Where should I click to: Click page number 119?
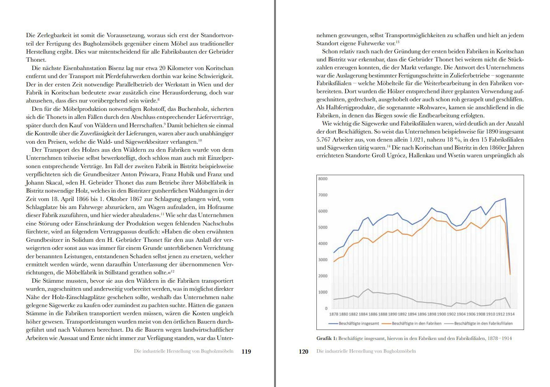click(246, 351)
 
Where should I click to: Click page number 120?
click(303, 351)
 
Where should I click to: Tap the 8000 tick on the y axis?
click(323, 179)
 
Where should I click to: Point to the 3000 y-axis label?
click(323, 260)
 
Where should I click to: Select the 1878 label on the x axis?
click(333, 314)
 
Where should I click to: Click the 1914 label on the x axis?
click(510, 314)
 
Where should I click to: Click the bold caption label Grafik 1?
click(326, 338)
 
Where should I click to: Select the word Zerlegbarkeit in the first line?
click(54, 35)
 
